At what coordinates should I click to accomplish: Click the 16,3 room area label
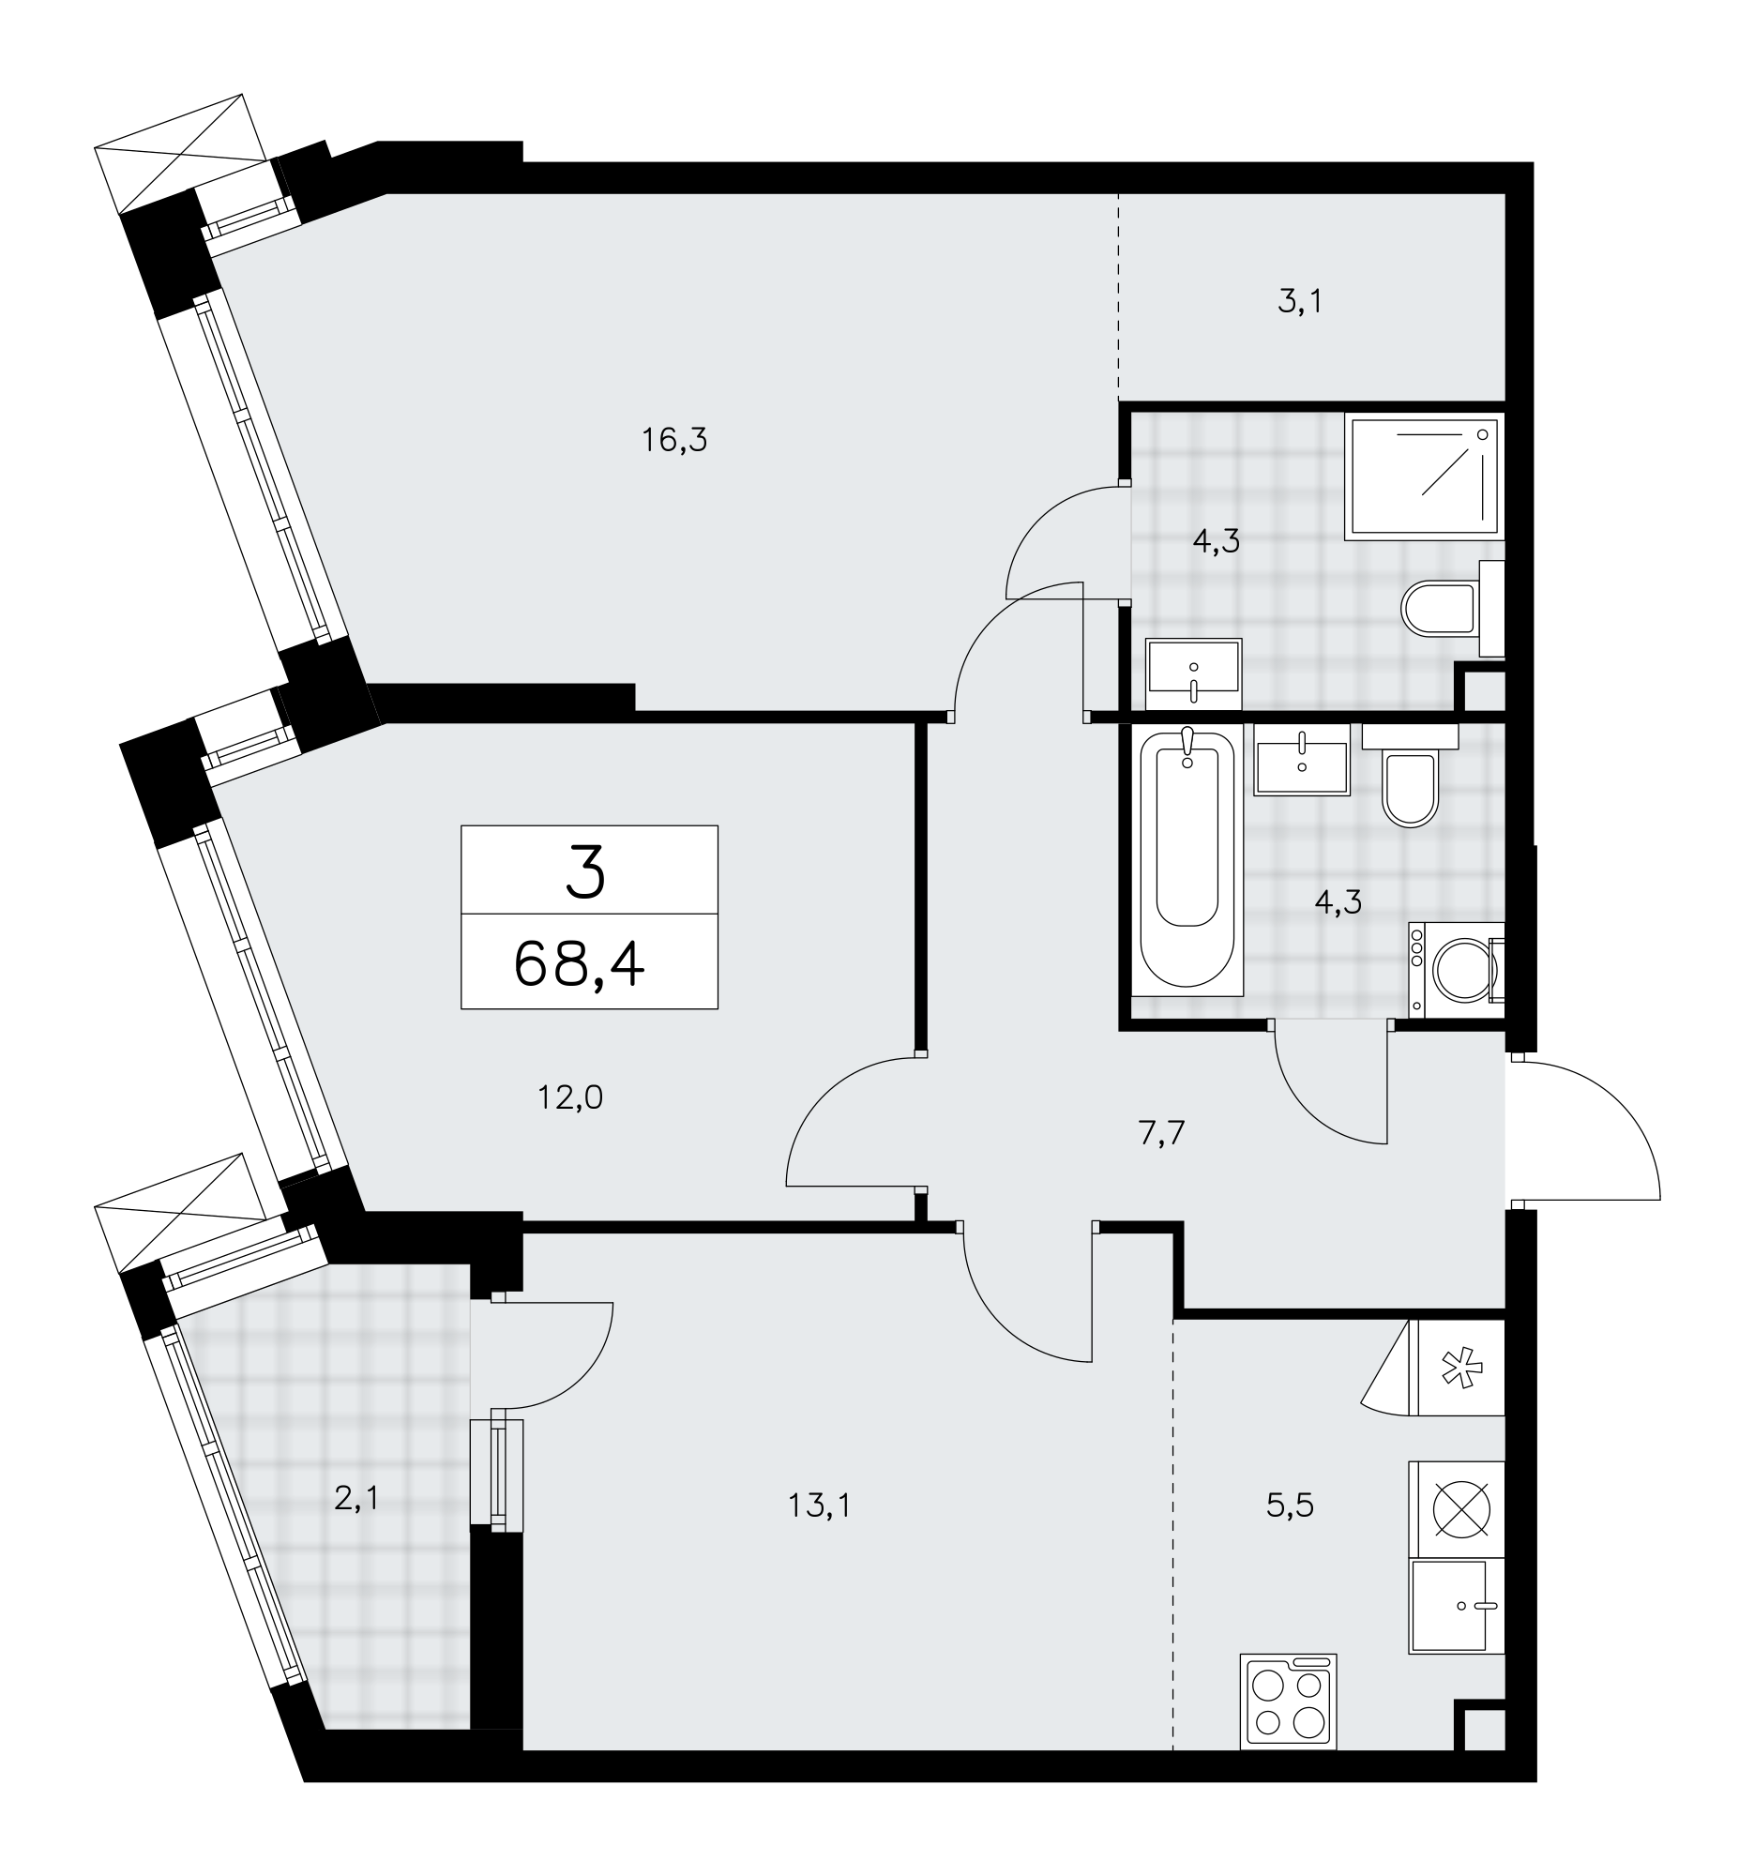pos(673,440)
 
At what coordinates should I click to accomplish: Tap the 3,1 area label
pos(1300,302)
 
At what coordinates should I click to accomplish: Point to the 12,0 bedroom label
pos(570,1097)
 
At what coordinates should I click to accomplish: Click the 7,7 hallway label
pos(1161,1132)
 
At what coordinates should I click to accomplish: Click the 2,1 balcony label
pos(356,1499)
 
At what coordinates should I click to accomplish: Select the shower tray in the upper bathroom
pos(1425,477)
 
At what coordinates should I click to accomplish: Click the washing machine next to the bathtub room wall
pos(1457,969)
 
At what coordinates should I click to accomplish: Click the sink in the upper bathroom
pos(1193,673)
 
